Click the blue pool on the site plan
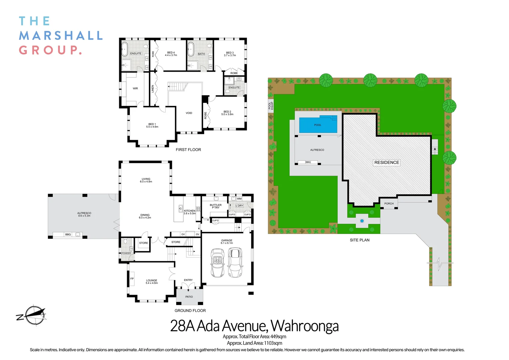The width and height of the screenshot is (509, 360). [318, 125]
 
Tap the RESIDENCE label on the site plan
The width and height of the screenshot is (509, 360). [386, 162]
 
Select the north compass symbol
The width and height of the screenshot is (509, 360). [32, 315]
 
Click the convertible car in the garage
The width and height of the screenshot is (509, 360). [218, 263]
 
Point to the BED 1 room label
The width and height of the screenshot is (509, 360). [152, 125]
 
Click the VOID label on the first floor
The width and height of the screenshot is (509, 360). [189, 113]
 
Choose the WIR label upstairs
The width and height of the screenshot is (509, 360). [135, 88]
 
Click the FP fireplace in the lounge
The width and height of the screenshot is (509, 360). [132, 278]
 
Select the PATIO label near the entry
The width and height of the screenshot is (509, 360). [189, 297]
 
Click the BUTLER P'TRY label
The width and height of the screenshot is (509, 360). [216, 206]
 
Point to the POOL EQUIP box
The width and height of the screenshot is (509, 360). [271, 106]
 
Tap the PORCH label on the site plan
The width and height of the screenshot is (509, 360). [389, 203]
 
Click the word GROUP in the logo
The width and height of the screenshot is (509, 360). [50, 50]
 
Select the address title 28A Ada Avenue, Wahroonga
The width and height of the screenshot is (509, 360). [254, 326]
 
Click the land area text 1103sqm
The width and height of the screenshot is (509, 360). [273, 343]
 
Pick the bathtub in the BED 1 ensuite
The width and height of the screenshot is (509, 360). [125, 49]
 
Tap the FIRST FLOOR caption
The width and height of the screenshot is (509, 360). [188, 150]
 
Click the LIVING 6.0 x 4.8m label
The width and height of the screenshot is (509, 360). [146, 180]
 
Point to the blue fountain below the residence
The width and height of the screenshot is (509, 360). [362, 221]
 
